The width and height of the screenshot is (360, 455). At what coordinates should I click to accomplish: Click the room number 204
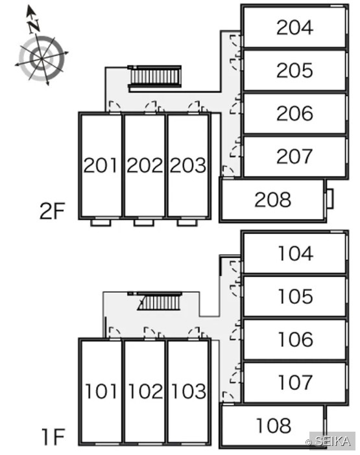click(294, 28)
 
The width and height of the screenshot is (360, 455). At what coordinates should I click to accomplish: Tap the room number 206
click(294, 113)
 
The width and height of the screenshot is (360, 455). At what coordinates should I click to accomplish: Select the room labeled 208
click(272, 200)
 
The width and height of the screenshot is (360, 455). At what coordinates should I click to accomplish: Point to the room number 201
click(100, 165)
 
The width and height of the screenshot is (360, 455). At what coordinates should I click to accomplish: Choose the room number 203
click(188, 165)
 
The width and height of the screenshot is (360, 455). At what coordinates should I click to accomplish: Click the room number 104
click(296, 253)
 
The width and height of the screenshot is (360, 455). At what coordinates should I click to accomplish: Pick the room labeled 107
click(296, 382)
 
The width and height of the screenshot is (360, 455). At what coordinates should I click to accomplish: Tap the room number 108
click(274, 425)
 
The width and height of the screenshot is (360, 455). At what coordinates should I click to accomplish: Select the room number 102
click(145, 391)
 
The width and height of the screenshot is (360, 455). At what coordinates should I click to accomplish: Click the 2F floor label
click(52, 211)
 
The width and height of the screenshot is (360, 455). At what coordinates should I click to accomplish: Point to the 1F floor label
click(53, 437)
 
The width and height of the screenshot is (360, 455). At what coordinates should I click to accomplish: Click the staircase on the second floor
click(155, 76)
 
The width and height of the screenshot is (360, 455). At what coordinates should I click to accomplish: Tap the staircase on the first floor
click(159, 301)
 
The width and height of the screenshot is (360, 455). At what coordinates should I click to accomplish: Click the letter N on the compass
click(34, 25)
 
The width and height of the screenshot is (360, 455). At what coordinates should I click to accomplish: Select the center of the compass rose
click(42, 58)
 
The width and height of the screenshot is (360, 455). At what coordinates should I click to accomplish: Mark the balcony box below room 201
click(101, 223)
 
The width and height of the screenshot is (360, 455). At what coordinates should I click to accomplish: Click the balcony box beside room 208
click(330, 199)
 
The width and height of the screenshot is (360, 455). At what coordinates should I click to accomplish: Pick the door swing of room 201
click(114, 106)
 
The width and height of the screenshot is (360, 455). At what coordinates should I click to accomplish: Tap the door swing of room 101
click(114, 332)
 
